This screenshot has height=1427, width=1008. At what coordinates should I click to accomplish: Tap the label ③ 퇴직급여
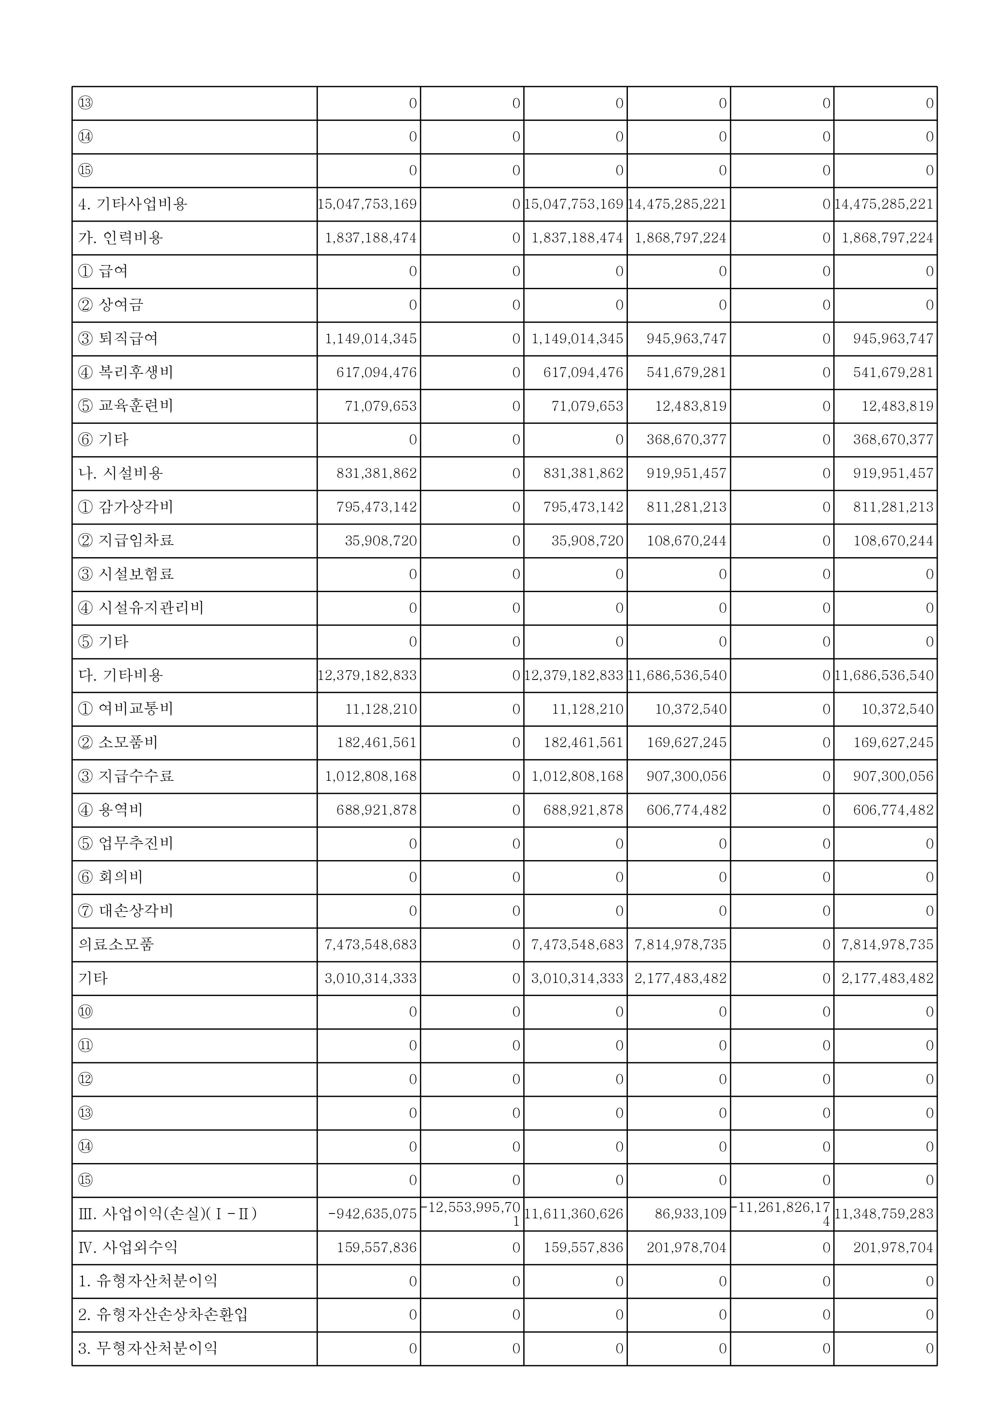pyautogui.click(x=118, y=339)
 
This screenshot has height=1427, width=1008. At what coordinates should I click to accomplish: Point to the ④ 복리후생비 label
pyautogui.click(x=126, y=372)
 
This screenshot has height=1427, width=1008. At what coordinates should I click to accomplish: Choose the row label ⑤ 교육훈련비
pyautogui.click(x=126, y=406)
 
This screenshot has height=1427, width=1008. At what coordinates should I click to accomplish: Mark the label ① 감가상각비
pyautogui.click(x=126, y=507)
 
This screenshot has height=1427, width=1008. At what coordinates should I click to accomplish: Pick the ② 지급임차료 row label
pyautogui.click(x=126, y=540)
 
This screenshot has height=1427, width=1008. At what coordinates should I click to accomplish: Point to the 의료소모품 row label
pyautogui.click(x=116, y=944)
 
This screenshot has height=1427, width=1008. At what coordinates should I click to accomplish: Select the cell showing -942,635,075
pyautogui.click(x=372, y=1214)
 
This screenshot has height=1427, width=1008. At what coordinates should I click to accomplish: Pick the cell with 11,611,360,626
pyautogui.click(x=574, y=1214)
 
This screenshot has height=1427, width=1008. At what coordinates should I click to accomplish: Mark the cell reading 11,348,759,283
pyautogui.click(x=884, y=1214)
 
